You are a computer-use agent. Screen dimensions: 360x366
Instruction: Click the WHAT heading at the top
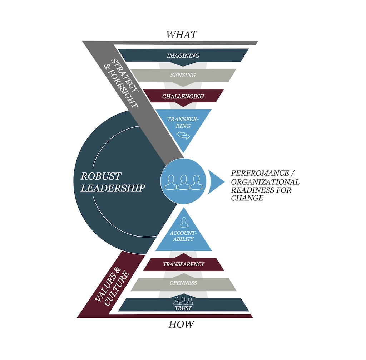coord(181,35)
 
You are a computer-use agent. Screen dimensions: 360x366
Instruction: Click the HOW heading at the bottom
coord(181,325)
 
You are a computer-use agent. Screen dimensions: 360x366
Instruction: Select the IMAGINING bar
coord(183,55)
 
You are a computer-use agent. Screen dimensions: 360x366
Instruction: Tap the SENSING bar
coord(183,75)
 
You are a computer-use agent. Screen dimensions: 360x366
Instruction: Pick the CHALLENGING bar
coord(183,96)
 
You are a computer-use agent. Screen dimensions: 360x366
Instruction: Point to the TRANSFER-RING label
coord(183,122)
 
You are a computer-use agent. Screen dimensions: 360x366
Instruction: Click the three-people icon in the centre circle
coord(183,182)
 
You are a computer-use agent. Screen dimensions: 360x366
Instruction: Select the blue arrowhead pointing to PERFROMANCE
coord(216,182)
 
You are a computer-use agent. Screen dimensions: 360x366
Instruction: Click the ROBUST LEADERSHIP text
coord(113,182)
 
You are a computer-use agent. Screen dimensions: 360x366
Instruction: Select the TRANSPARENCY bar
coord(183,264)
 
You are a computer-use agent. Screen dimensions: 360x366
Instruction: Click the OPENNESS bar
coord(183,283)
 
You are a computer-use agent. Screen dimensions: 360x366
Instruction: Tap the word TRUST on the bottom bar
coord(183,308)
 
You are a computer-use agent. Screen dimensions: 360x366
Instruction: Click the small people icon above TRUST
coord(183,300)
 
